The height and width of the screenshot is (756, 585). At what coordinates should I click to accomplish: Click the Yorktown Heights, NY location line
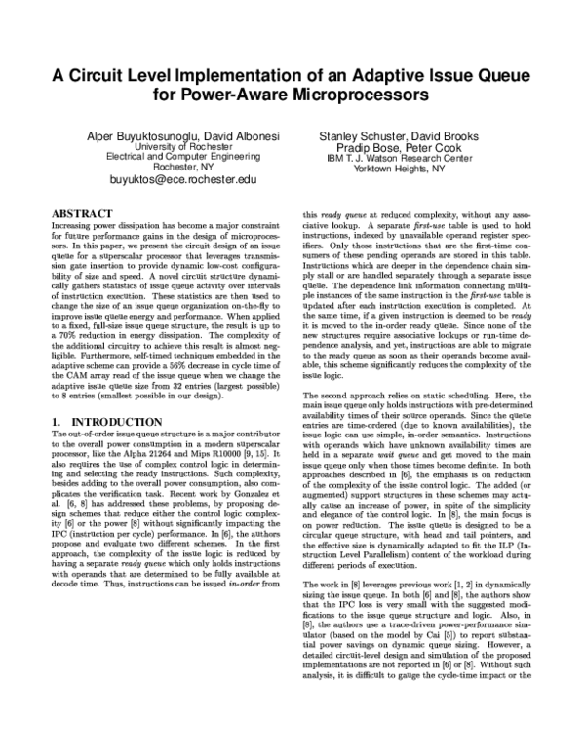[393, 168]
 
